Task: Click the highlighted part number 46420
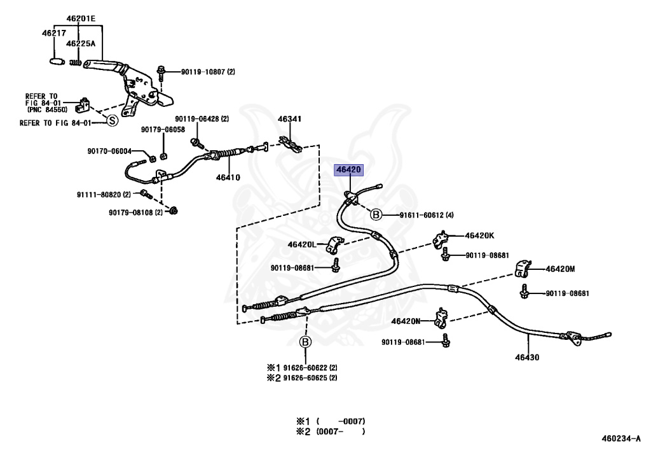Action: pyautogui.click(x=348, y=170)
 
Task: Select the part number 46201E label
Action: pyautogui.click(x=81, y=18)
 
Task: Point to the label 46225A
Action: pyautogui.click(x=81, y=43)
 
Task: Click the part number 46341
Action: pyautogui.click(x=289, y=119)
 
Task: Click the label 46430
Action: pyautogui.click(x=527, y=357)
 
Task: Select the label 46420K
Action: pyautogui.click(x=479, y=236)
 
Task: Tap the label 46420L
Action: pyautogui.click(x=302, y=244)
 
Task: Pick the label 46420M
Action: pyautogui.click(x=560, y=269)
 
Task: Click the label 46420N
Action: pyautogui.click(x=406, y=321)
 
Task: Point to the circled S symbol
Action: pyautogui.click(x=112, y=121)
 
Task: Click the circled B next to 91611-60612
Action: pyautogui.click(x=376, y=214)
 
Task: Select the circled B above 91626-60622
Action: pyautogui.click(x=305, y=342)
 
